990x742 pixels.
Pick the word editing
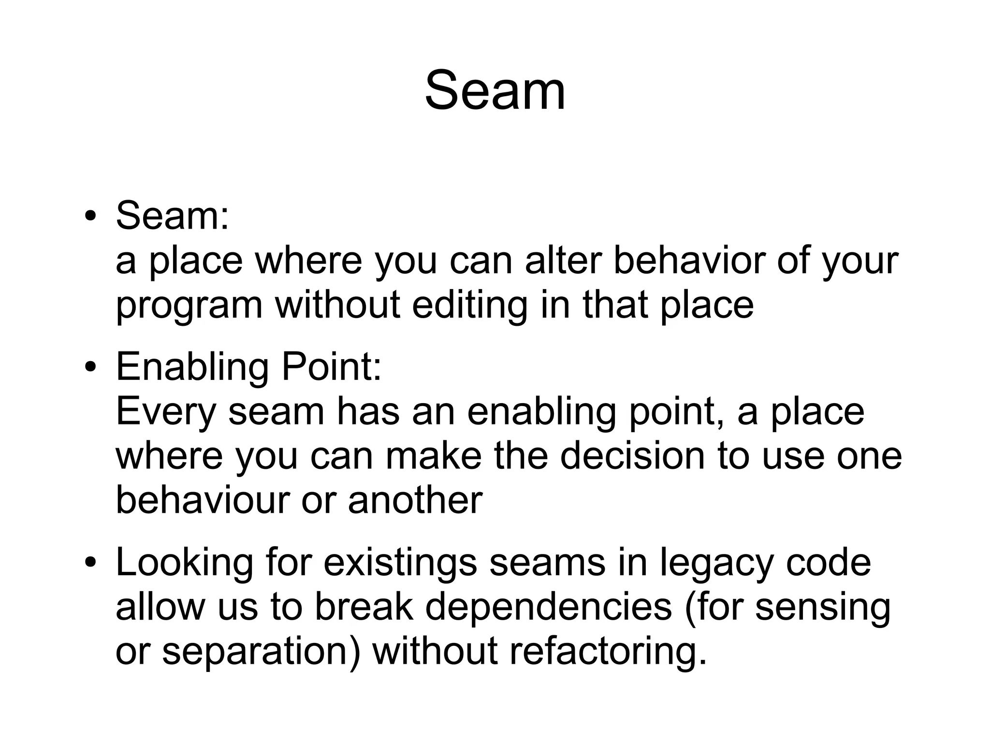point(469,306)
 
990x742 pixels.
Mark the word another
point(415,500)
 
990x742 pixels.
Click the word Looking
point(184,564)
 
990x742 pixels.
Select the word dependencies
point(549,607)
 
